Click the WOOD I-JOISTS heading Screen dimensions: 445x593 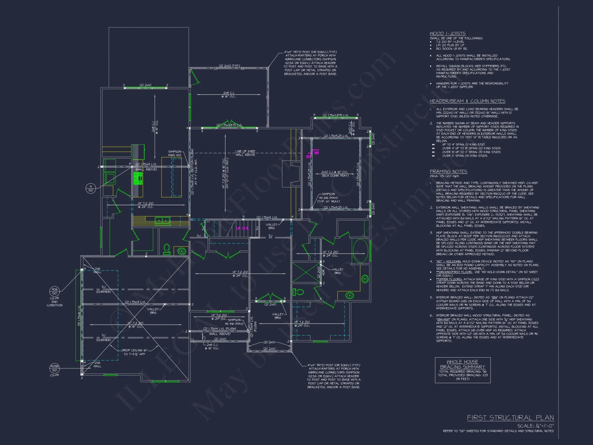(x=447, y=34)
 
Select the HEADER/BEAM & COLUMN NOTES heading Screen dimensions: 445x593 (x=468, y=101)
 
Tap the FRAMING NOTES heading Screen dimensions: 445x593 (x=448, y=171)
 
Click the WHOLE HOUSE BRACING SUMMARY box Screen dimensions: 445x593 (x=463, y=370)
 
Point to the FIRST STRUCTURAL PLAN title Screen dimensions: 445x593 (x=510, y=418)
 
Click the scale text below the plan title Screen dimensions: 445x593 (x=535, y=426)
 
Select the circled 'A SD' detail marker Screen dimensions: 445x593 (x=91, y=188)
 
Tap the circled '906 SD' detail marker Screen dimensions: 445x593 (x=55, y=291)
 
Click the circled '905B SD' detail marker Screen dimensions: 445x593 (x=55, y=368)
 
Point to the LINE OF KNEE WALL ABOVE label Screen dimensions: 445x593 (x=245, y=153)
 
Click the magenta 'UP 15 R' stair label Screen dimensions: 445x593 (x=242, y=228)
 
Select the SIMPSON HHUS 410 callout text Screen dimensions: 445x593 (x=174, y=153)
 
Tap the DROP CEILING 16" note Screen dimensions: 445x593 (x=134, y=352)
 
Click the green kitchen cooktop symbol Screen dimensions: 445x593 (x=138, y=179)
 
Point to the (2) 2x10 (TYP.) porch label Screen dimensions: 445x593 (x=229, y=66)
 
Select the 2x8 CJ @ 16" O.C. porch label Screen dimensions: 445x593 (x=228, y=95)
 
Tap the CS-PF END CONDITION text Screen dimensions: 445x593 (x=55, y=302)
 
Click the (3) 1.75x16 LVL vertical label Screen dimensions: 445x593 (x=79, y=316)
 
